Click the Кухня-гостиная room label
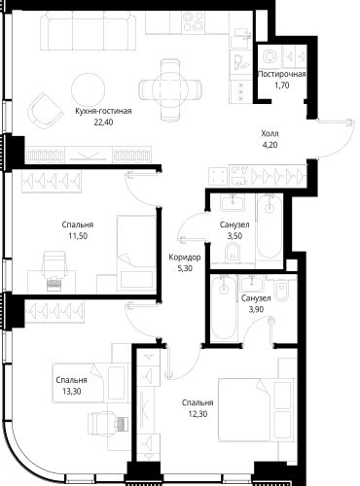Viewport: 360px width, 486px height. coord(103,111)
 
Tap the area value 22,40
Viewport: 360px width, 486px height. coord(103,122)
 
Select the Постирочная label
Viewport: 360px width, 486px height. coord(282,74)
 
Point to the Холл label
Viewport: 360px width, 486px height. coord(270,133)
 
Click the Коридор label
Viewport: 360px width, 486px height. coord(185,258)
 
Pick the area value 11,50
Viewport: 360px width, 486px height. coord(78,236)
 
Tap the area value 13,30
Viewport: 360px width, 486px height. coord(72,392)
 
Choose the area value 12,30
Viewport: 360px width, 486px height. coord(198,414)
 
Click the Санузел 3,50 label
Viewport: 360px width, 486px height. coord(234,230)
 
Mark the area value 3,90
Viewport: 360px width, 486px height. coord(256,309)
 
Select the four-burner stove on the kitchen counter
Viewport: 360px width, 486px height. coord(193,21)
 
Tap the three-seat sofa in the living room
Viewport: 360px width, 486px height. coord(89,30)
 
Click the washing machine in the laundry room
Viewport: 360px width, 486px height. coord(270,57)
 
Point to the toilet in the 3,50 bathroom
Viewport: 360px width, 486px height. coord(233,253)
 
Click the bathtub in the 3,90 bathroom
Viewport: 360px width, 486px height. coord(224,308)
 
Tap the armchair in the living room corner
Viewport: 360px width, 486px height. coord(45,110)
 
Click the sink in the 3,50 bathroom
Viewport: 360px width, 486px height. coord(233,203)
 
